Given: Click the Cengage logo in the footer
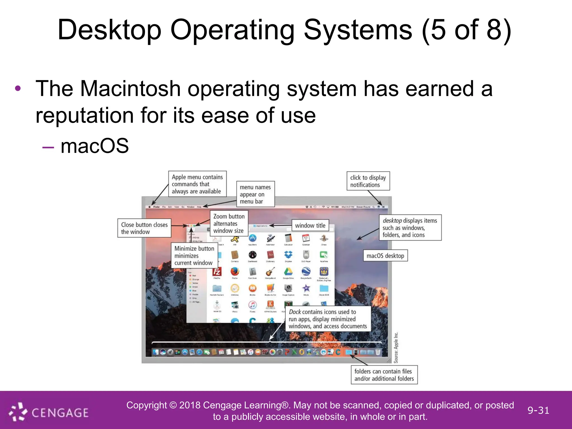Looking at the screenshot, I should coord(49,412).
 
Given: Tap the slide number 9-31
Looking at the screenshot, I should coord(538,410).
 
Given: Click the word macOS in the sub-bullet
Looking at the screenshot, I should coord(95,146).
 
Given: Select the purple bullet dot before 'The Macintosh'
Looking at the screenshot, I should coord(18,89).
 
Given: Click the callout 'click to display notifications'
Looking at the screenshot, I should coord(368,181).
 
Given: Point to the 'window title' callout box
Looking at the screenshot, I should coord(310,225).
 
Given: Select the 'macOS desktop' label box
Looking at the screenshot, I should coord(385,256).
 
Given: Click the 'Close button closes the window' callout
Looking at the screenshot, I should coord(144,228).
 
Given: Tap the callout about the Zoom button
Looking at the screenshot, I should coord(229,223).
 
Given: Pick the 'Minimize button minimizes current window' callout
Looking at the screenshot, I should coord(194,256).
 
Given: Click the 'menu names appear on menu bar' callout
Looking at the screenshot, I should coord(255,194).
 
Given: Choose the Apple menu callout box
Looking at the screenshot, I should coord(197,184).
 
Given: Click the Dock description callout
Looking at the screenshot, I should coord(328,319).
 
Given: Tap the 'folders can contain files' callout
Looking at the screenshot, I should coord(384,375).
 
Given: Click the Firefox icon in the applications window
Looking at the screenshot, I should coord(235,271).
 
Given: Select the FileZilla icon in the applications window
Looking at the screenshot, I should coord(217,271).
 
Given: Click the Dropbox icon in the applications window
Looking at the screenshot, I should coord(288,255).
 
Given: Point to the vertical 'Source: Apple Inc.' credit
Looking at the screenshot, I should coord(396,347).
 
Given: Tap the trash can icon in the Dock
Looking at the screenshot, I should coord(378,352).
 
